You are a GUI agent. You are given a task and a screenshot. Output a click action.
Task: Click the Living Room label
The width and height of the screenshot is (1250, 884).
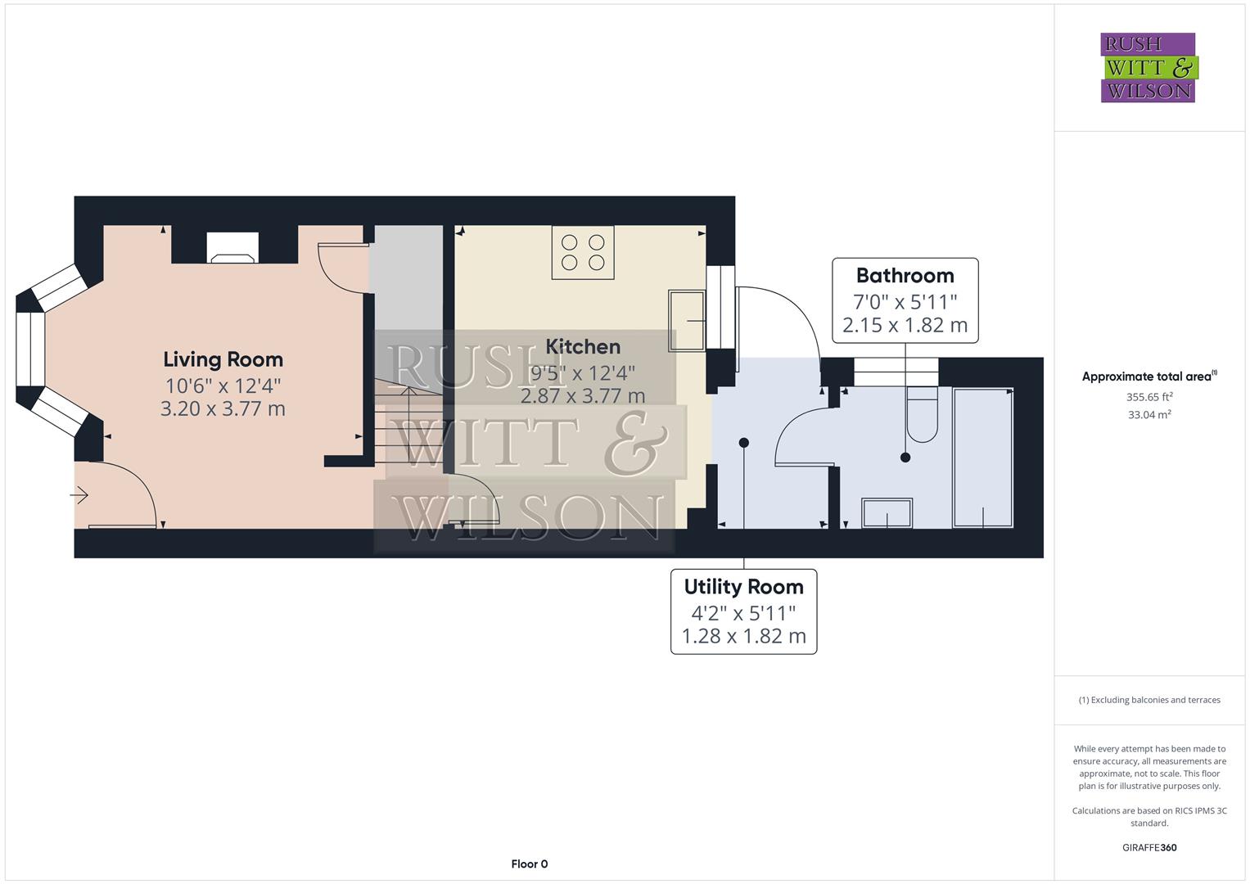coord(223,359)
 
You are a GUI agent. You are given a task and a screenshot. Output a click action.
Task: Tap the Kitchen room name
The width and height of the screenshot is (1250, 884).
coord(583,346)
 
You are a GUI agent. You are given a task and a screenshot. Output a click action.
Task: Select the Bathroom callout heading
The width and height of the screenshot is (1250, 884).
coord(905,275)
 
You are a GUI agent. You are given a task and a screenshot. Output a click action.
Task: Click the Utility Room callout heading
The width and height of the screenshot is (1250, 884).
coord(743,586)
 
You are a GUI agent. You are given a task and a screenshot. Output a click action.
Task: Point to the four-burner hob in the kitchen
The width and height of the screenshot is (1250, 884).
coord(583,252)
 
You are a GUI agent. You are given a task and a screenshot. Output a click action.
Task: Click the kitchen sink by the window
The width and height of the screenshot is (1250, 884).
coord(687,320)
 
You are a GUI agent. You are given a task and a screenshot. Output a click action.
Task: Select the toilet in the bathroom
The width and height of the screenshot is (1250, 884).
coord(922,414)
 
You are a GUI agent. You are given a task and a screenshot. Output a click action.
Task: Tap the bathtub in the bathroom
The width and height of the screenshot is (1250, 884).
coord(983,458)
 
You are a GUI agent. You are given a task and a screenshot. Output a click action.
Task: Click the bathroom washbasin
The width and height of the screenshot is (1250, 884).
coord(887,513)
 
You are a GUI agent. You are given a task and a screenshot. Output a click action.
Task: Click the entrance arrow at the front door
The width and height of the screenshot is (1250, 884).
coord(80,494)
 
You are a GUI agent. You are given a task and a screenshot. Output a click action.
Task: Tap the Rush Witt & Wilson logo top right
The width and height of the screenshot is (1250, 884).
coord(1148,68)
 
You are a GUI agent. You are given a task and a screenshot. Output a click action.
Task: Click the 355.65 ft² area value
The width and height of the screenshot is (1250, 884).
coord(1148,397)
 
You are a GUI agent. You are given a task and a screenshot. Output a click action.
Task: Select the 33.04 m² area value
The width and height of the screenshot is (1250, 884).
coord(1148,415)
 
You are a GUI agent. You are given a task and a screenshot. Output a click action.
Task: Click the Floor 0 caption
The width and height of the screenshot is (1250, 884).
coord(529,864)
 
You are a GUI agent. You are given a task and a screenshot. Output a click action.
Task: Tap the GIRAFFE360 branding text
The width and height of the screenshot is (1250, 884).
coord(1148,847)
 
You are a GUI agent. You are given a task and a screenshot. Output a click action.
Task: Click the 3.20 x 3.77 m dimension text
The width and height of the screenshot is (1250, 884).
coord(223,408)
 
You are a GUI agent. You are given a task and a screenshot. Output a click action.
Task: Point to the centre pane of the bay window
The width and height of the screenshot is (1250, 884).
coord(30,349)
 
